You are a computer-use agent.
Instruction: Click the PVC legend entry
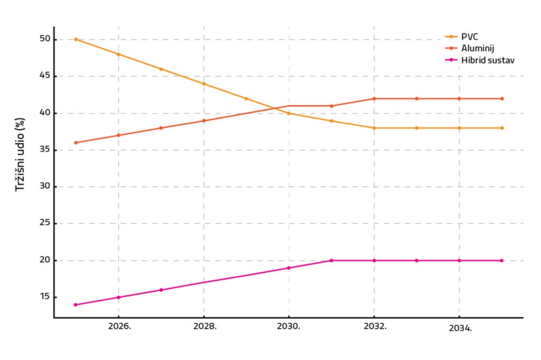[470, 36]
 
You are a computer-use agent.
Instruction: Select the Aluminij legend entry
[477, 48]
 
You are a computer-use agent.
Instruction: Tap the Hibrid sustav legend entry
[487, 60]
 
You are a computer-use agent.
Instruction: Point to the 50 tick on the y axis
[44, 39]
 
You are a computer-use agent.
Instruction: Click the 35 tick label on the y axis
[44, 150]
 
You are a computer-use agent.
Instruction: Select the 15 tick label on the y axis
[44, 297]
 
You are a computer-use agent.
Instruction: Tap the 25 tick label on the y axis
[44, 224]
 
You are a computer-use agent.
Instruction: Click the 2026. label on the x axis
[119, 326]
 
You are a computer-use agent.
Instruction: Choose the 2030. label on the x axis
[290, 326]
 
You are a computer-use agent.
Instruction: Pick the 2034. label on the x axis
[460, 328]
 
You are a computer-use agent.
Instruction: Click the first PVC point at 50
[76, 39]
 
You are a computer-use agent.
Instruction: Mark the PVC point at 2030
[289, 113]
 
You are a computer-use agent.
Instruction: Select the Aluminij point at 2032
[374, 98]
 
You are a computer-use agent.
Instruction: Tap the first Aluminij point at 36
[76, 143]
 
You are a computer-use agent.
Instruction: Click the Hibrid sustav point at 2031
[332, 261]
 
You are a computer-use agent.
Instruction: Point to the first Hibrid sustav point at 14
[76, 304]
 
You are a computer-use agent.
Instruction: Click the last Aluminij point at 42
[502, 98]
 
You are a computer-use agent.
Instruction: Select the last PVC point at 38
[502, 128]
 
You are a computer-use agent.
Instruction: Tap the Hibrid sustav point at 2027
[161, 290]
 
